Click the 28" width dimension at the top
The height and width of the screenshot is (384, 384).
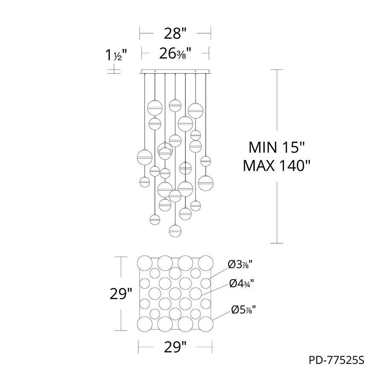(x=175, y=34)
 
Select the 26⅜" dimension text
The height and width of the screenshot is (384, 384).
(x=175, y=54)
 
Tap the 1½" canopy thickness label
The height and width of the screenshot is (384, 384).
(x=116, y=55)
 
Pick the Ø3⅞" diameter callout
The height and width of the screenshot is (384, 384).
(x=240, y=265)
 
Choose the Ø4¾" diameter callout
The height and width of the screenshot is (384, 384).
(x=241, y=284)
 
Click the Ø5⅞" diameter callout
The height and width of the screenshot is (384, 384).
(x=244, y=310)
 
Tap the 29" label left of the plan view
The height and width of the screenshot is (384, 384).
(x=121, y=294)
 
